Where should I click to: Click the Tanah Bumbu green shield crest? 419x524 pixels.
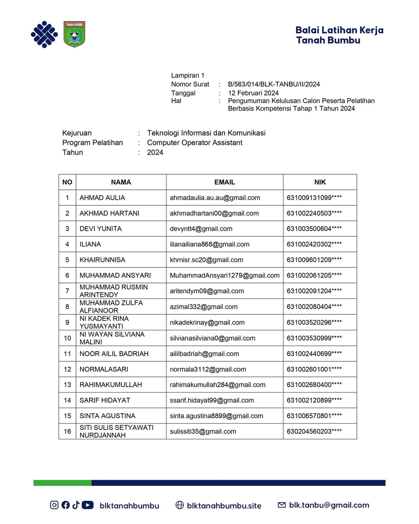[74, 34]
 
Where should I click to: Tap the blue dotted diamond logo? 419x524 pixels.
[44, 35]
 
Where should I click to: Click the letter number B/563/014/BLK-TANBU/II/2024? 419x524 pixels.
[274, 84]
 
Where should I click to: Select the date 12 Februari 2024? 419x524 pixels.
[253, 93]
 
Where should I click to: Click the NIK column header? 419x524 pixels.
[320, 182]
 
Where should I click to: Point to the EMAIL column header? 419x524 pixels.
[225, 182]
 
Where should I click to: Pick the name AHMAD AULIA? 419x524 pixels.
[102, 198]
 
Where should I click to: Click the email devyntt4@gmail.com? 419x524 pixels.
[201, 229]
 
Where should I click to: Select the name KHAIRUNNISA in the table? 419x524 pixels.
[102, 260]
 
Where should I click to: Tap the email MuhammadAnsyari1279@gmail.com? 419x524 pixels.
[225, 275]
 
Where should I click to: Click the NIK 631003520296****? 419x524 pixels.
[314, 322]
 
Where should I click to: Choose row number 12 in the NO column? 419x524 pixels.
[68, 369]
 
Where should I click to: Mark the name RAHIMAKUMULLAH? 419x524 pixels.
[111, 385]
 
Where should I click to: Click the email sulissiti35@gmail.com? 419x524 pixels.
[203, 431]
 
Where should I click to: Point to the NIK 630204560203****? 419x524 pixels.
[314, 431]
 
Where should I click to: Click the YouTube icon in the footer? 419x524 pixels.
[88, 505]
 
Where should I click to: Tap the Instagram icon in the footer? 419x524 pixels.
[54, 505]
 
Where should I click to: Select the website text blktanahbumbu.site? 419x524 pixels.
[224, 506]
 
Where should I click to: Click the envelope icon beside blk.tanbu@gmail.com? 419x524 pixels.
[282, 505]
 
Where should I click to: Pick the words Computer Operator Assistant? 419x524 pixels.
[195, 142]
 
